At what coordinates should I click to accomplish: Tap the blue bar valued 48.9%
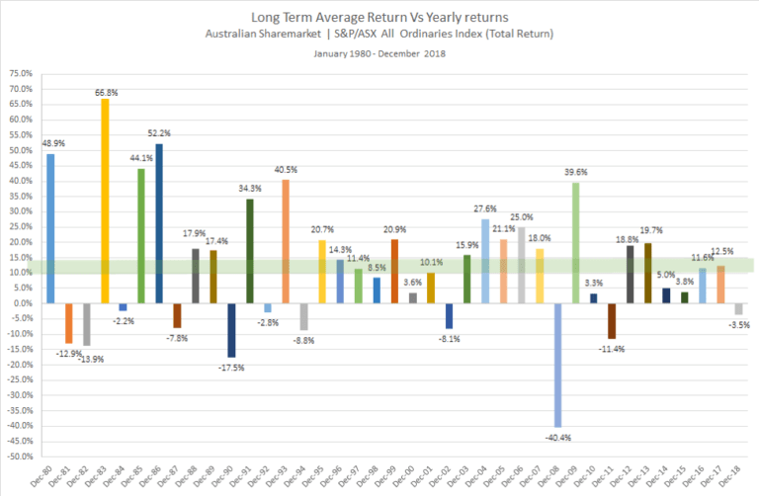point(51,228)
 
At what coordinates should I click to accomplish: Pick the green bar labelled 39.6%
point(575,243)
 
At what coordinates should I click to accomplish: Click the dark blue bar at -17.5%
point(231,330)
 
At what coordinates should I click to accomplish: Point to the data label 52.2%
point(160,134)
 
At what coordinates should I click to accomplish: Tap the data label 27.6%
point(484,209)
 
